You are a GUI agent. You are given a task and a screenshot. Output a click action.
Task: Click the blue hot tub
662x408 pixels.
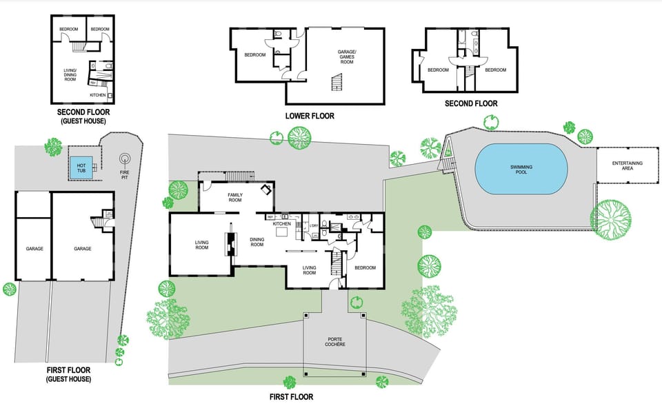coord(81,166)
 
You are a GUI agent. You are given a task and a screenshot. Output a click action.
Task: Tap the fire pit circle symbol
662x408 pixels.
coord(125,158)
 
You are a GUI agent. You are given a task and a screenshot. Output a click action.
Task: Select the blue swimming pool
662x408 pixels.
coord(521,169)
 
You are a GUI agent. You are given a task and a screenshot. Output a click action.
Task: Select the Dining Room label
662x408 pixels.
coord(257,242)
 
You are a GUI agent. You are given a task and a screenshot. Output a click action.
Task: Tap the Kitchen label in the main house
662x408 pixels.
coord(282,224)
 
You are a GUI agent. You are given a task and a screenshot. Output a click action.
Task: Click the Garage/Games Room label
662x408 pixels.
coord(345,57)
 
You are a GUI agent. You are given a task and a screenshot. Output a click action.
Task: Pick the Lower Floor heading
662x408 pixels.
coord(310,116)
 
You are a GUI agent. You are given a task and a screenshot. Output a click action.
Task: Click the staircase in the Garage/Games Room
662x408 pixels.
coord(337,83)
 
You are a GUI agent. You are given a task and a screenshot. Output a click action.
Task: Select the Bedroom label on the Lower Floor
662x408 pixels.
coord(255,55)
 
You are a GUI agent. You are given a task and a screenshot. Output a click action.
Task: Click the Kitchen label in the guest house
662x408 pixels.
coord(97,95)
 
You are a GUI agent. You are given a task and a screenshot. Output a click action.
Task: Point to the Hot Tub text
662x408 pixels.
coord(81,166)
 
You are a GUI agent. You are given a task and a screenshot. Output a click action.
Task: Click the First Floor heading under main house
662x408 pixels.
coord(291,397)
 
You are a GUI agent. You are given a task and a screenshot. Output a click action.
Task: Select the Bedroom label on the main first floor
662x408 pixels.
coord(365,267)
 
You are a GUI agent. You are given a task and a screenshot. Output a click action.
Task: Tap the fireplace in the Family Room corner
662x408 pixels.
coord(265,190)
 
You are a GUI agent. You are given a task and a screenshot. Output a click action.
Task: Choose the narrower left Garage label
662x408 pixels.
coord(35,249)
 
